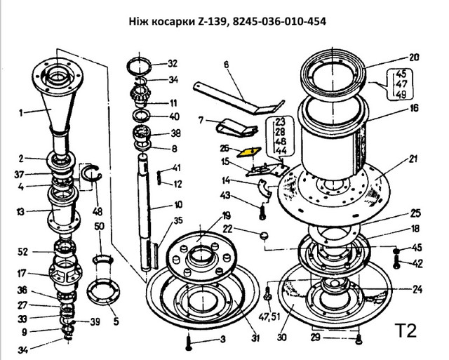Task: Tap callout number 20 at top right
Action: point(413,57)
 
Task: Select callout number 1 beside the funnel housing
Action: point(22,112)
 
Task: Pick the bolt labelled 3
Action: point(189,342)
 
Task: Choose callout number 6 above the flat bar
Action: point(227,65)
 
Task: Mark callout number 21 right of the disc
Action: point(413,158)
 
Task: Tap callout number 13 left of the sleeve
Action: point(22,211)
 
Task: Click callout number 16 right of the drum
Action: point(413,108)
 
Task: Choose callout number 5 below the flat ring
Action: point(116,322)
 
